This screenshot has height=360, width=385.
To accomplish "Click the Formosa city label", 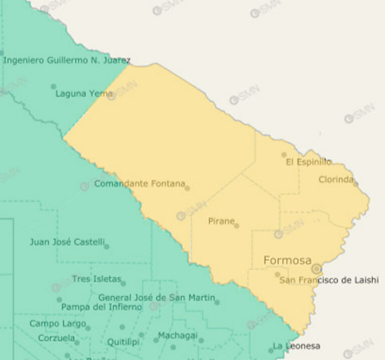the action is (x=287, y=260).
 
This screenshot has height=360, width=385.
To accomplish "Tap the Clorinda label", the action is (x=336, y=179).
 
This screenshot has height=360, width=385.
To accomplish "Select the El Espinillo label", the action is (x=309, y=162).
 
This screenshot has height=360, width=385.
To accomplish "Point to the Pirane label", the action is (x=221, y=221).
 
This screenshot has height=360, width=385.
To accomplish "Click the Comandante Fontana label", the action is (x=139, y=184).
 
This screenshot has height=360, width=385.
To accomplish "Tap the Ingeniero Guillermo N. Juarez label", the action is (x=67, y=61).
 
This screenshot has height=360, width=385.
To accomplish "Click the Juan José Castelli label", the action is (x=66, y=242).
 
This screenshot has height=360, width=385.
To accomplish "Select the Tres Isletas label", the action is (x=96, y=279).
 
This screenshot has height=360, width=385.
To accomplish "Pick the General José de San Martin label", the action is (x=156, y=298).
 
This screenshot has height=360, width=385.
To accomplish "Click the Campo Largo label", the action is (x=57, y=324).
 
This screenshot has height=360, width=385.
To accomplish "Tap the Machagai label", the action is (x=177, y=335).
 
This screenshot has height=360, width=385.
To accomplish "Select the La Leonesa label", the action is (x=296, y=346).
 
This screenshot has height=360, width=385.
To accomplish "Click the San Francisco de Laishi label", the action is (x=329, y=280).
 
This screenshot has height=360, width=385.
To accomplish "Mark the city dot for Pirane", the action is (x=237, y=226).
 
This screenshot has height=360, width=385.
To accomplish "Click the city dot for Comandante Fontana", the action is (x=187, y=188).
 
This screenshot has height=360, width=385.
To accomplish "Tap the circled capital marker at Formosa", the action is (x=316, y=269).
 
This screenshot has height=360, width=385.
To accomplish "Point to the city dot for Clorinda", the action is (x=355, y=184).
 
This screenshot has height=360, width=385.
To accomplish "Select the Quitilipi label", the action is (x=123, y=342).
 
